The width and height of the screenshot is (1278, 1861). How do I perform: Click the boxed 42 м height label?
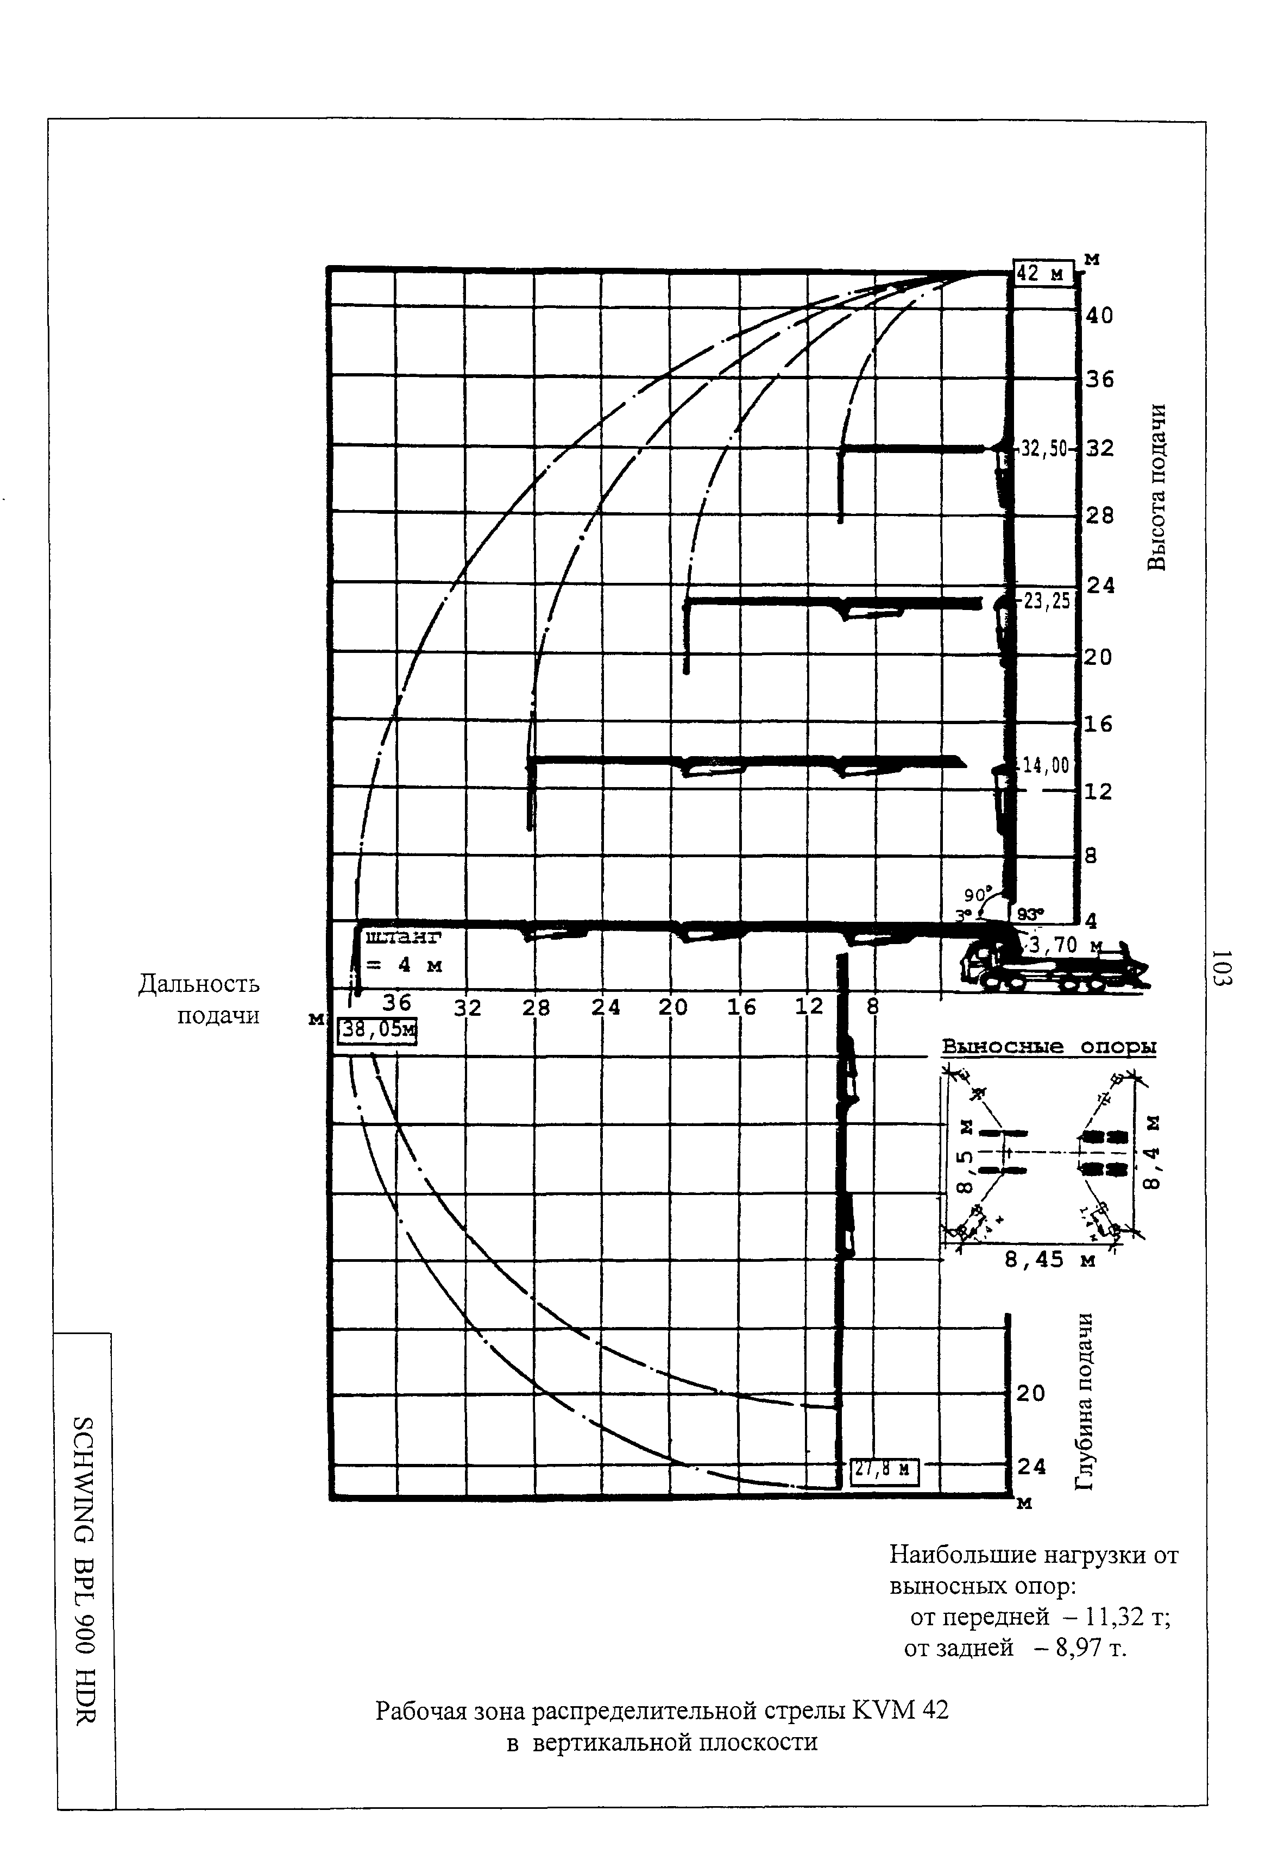point(1043,274)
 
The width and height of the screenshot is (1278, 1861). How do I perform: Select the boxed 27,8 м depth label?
point(883,1469)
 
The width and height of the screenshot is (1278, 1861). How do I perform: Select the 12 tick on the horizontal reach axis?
point(809,1007)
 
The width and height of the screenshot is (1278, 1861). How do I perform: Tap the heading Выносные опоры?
point(1048,1047)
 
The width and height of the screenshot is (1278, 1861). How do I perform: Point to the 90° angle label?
point(978,894)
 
